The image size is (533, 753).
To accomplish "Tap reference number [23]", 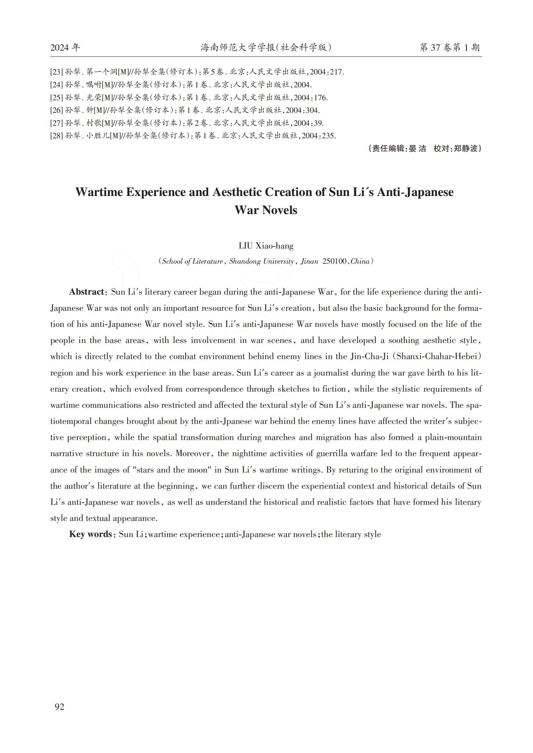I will [56, 72].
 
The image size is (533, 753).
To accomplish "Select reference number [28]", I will [56, 135].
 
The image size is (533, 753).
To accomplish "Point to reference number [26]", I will [56, 110].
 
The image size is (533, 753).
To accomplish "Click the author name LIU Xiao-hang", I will [266, 246].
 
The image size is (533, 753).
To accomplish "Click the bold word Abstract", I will [87, 292].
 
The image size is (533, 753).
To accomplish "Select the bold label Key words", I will [90, 534].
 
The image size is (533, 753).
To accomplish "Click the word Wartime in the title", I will [99, 192].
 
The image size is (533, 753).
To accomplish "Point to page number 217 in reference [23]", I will [336, 72].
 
